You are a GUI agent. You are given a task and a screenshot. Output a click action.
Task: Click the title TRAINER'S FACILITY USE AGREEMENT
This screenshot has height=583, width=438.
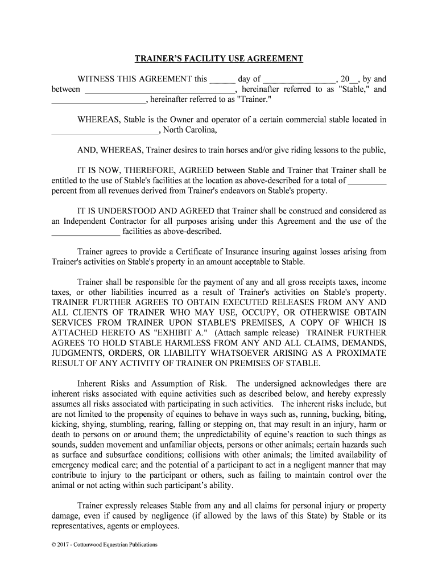coord(219,59)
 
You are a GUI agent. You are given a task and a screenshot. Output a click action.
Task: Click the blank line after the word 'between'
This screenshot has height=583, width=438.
coord(160,91)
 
